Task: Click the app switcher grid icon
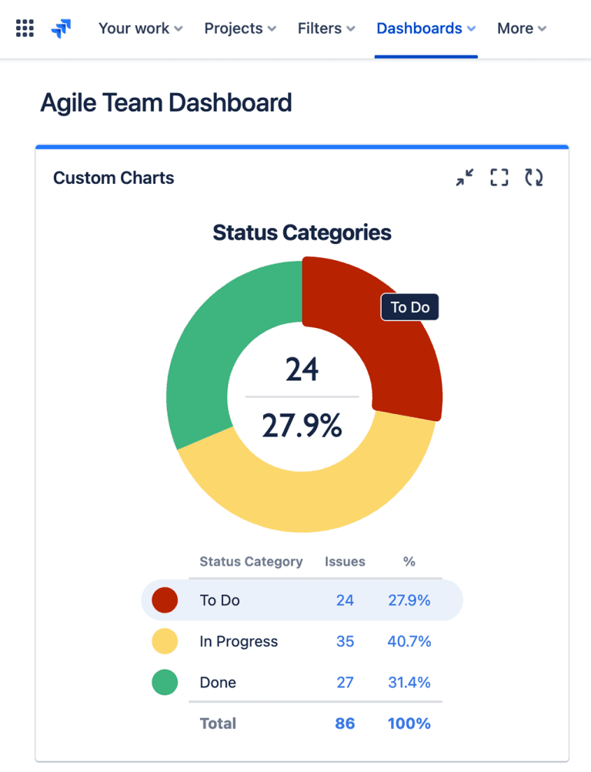(25, 29)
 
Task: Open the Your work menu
(140, 28)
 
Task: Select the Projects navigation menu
(239, 28)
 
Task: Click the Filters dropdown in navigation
(326, 28)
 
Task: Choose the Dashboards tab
(426, 28)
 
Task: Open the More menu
(521, 28)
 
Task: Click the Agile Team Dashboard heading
(166, 102)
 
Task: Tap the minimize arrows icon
(465, 178)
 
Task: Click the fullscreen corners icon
(499, 178)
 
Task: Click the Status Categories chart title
(302, 232)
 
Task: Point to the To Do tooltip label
(409, 308)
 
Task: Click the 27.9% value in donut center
(302, 425)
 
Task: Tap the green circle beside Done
(165, 682)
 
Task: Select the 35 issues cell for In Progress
(345, 641)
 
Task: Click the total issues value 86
(345, 724)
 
